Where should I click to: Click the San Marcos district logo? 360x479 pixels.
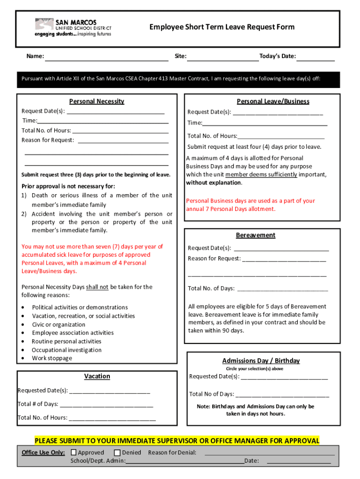(73, 28)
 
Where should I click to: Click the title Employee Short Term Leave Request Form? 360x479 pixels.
(222, 27)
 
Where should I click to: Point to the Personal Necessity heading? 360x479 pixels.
(97, 101)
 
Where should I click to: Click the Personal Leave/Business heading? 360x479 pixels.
(273, 101)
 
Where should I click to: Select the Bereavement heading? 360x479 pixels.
(256, 235)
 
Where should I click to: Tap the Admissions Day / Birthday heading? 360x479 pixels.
(261, 361)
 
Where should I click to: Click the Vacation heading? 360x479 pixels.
(97, 376)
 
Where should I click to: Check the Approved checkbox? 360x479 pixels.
(74, 452)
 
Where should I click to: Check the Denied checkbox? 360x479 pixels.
(117, 452)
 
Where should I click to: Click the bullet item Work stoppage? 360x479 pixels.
(52, 358)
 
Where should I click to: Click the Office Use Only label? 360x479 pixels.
(43, 452)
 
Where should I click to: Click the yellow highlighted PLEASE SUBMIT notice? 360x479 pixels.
(177, 441)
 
